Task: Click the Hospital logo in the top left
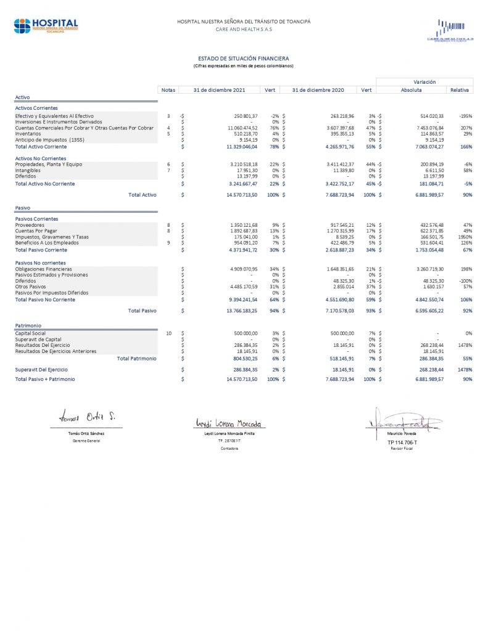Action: pos(46,26)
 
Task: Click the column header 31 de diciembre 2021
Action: pos(219,90)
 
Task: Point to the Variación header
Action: pos(424,81)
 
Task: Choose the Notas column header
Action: pos(168,90)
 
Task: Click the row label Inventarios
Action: pos(28,134)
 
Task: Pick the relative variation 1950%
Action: pos(465,237)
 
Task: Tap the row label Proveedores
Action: pos(30,225)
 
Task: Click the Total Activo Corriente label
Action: pos(41,147)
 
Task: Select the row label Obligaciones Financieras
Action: pos(43,269)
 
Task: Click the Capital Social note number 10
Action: pos(168,333)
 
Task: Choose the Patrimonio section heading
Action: pos(28,325)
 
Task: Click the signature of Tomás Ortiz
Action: pos(86,417)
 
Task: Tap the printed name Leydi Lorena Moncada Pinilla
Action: pos(228,434)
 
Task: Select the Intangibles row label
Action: pos(28,171)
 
